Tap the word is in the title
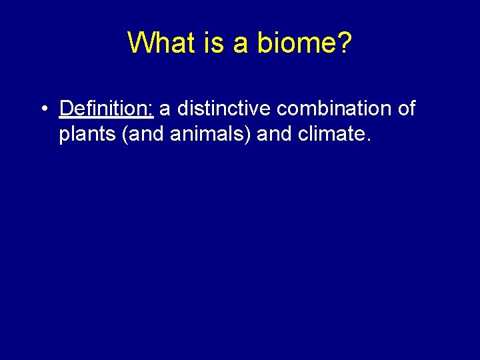[x=214, y=43]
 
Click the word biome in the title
[x=295, y=43]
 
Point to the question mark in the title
[x=343, y=43]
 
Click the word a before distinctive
[x=165, y=109]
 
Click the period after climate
[x=365, y=140]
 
